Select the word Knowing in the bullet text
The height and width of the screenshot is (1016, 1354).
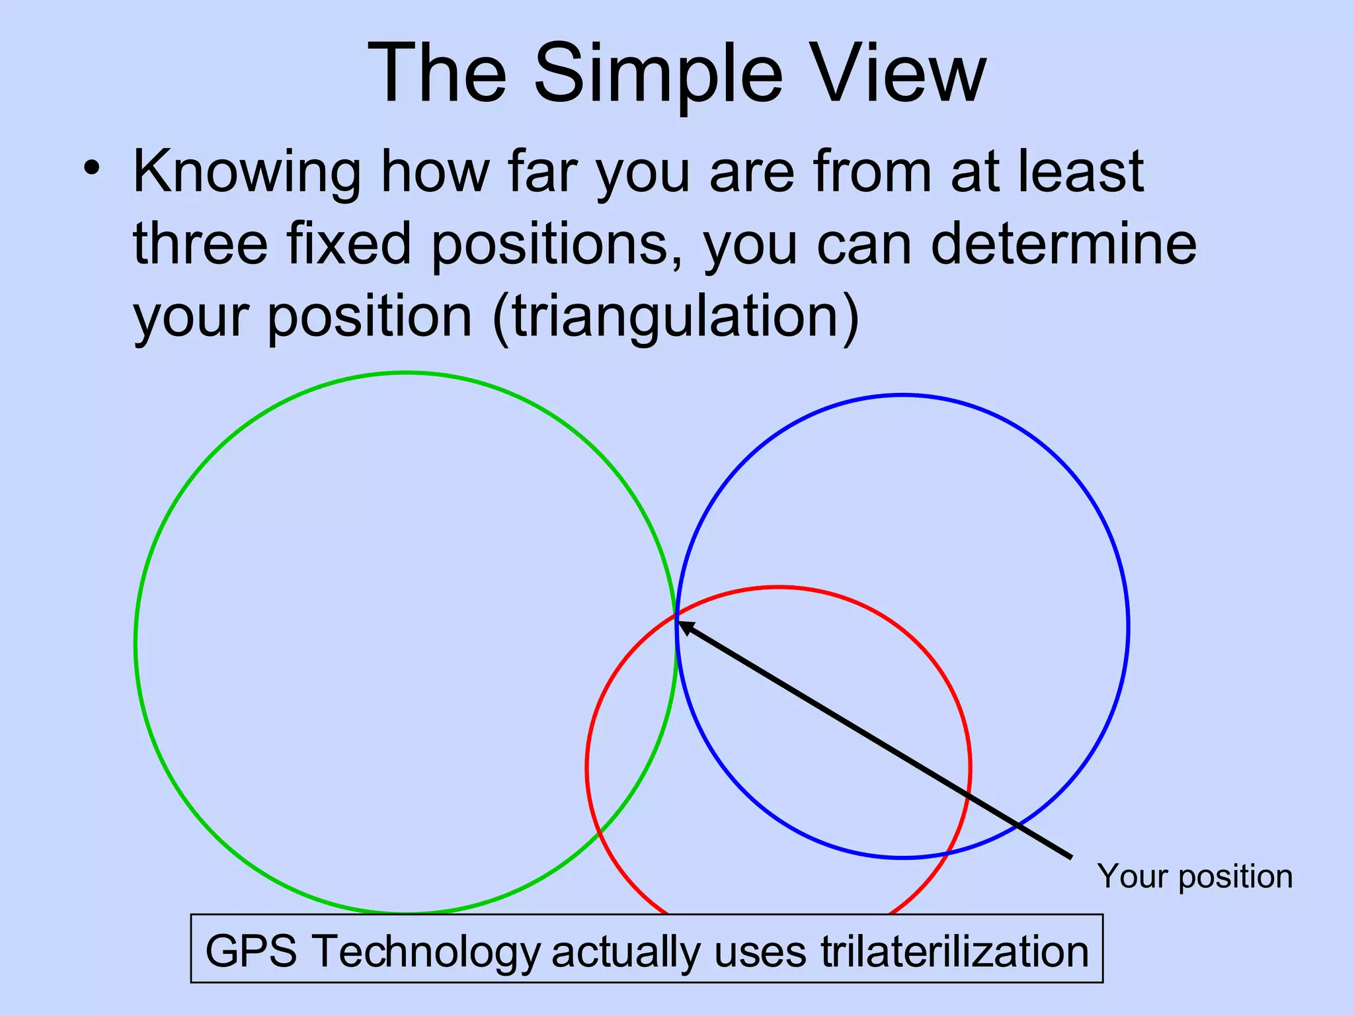(x=247, y=172)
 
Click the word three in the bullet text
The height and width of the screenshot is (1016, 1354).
(x=200, y=243)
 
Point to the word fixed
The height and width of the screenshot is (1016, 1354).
(x=348, y=243)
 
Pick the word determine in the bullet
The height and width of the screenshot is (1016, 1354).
(x=1064, y=243)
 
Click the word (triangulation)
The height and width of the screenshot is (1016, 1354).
(x=676, y=316)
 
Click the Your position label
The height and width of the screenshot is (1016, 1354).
(x=1195, y=876)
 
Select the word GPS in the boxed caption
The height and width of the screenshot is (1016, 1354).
(x=251, y=951)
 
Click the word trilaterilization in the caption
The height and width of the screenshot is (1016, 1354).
(x=954, y=951)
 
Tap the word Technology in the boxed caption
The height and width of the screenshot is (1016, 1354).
(x=426, y=951)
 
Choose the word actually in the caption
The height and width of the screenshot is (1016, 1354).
(x=625, y=951)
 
